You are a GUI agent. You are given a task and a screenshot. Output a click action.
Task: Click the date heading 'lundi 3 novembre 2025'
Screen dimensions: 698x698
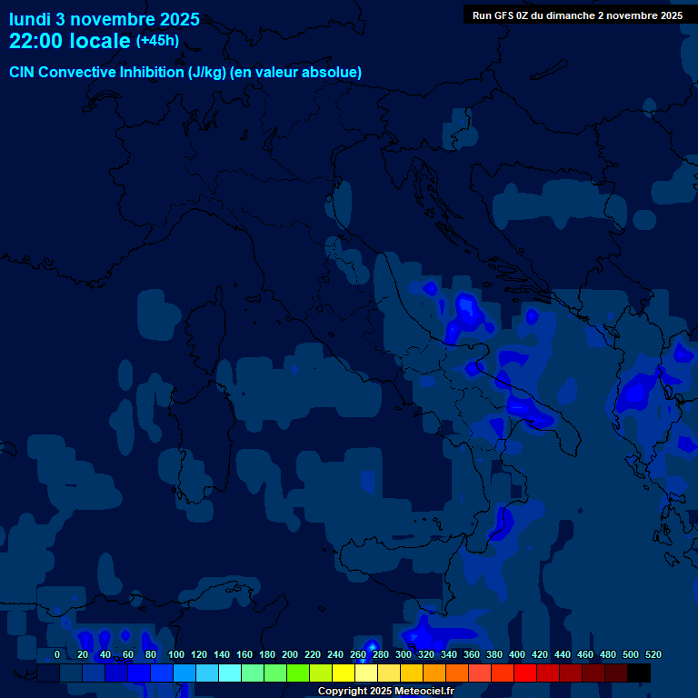pyautogui.click(x=104, y=19)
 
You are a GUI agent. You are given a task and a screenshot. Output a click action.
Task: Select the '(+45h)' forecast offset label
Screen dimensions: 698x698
pyautogui.click(x=157, y=41)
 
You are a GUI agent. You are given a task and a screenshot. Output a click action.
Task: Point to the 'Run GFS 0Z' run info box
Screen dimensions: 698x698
pyautogui.click(x=577, y=15)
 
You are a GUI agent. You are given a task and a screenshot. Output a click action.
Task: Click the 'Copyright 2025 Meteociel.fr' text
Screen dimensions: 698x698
pyautogui.click(x=385, y=691)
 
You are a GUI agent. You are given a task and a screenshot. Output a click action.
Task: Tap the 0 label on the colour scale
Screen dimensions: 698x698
pyautogui.click(x=57, y=654)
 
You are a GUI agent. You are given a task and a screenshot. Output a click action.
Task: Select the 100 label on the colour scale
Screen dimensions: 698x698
pyautogui.click(x=176, y=654)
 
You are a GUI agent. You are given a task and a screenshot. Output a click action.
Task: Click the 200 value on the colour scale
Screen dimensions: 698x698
pyautogui.click(x=290, y=654)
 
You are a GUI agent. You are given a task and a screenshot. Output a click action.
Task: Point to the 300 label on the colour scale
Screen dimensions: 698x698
pyautogui.click(x=404, y=654)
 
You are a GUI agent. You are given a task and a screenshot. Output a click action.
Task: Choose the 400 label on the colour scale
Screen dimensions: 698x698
pyautogui.click(x=517, y=654)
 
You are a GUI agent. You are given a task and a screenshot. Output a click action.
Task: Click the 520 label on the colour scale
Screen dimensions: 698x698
pyautogui.click(x=653, y=654)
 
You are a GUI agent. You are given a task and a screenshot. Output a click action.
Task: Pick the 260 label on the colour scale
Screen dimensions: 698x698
pyautogui.click(x=358, y=654)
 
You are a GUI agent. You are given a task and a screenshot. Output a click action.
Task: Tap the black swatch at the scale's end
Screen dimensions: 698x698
pyautogui.click(x=639, y=673)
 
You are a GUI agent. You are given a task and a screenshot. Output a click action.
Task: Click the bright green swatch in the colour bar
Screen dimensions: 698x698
pyautogui.click(x=298, y=673)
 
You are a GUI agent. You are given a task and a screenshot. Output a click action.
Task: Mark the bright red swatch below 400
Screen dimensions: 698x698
pyautogui.click(x=525, y=673)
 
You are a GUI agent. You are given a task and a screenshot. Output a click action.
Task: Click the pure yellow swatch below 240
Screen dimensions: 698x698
pyautogui.click(x=344, y=673)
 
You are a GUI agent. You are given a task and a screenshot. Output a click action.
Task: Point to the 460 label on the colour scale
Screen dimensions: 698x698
pyautogui.click(x=585, y=654)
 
